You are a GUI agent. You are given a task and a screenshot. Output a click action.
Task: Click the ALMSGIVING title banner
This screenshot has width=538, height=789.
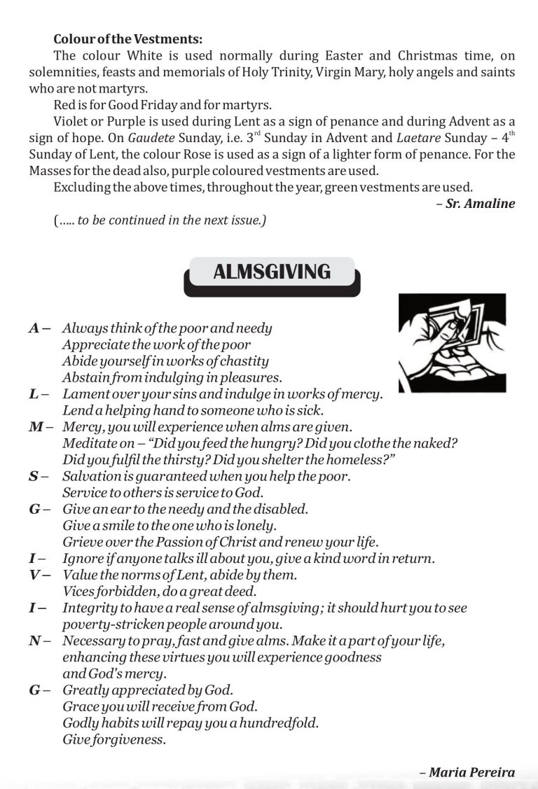(271, 272)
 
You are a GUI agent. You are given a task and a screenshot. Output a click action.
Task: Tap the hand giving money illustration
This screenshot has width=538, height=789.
(451, 342)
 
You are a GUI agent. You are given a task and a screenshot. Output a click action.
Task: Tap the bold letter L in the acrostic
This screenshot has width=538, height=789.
(34, 394)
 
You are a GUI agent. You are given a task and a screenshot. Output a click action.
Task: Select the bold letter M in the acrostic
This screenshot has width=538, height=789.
(36, 427)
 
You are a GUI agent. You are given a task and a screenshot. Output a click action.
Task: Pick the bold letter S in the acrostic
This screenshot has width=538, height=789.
(34, 477)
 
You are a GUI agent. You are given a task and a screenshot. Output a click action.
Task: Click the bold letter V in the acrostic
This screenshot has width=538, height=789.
(34, 575)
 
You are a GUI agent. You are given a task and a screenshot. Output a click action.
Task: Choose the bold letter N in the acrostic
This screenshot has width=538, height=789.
(34, 641)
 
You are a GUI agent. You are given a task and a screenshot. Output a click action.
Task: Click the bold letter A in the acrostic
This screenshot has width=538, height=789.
(34, 328)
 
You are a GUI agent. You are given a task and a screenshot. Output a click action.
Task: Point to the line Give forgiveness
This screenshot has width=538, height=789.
(114, 739)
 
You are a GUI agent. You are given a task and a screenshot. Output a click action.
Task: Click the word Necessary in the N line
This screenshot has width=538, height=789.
(92, 641)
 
